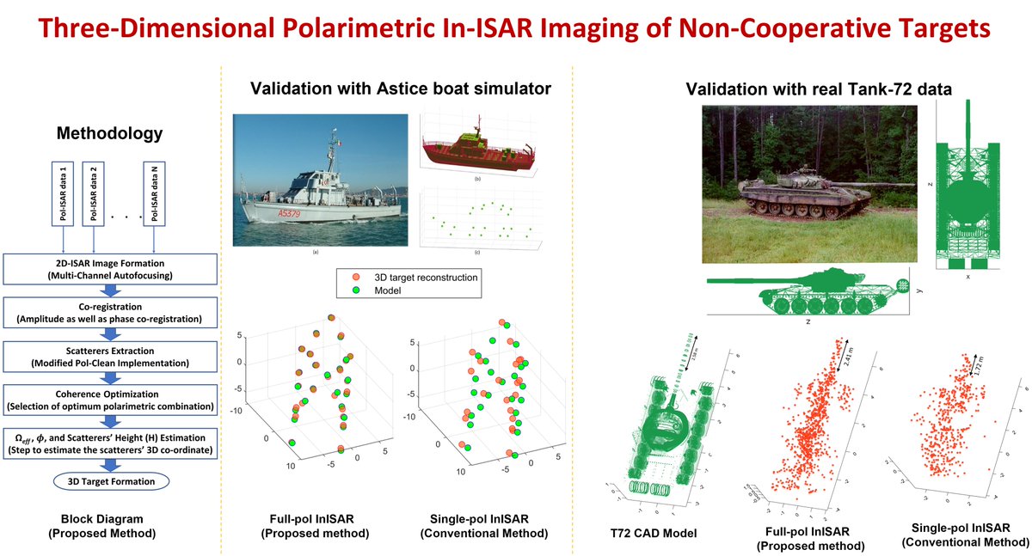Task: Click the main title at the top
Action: point(516,27)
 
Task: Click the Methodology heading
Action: point(108,134)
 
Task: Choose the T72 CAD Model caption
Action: point(663,534)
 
